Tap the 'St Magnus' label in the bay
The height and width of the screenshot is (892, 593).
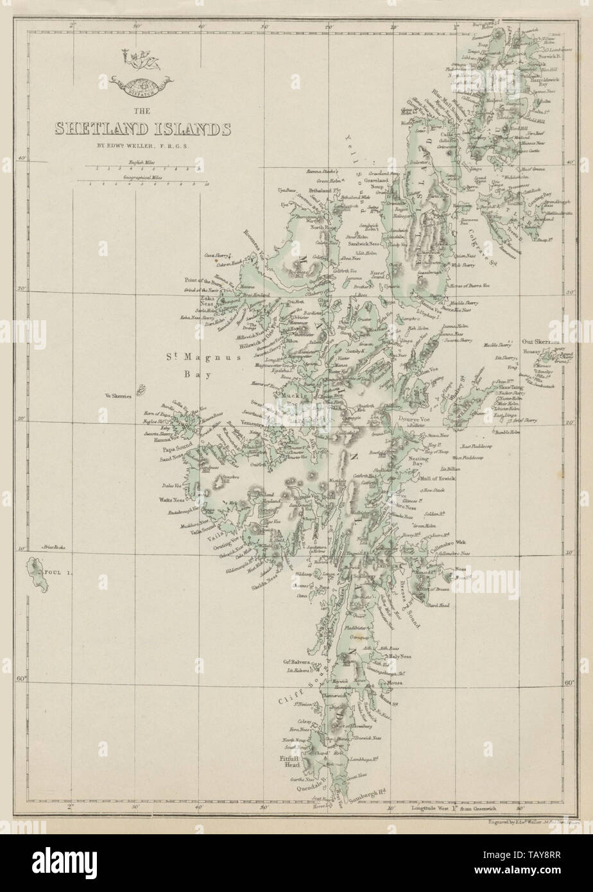point(191,357)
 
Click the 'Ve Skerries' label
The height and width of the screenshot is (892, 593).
point(119,397)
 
